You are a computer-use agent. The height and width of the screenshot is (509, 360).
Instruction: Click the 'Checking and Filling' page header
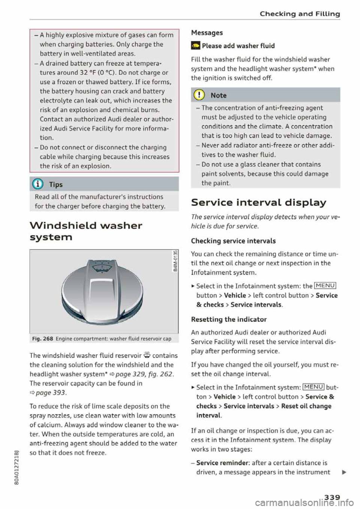point(300,14)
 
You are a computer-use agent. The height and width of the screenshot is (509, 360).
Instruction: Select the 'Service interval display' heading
point(258,202)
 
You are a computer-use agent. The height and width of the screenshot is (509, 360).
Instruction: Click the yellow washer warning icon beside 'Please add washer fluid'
point(195,46)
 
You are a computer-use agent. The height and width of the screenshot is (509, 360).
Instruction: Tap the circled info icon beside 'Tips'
point(38,184)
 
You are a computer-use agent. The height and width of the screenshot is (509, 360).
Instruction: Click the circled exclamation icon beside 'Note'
point(199,95)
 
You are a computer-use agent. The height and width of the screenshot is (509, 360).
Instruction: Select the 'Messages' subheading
point(207,33)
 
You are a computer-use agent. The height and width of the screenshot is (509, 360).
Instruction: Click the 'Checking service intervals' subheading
point(233,241)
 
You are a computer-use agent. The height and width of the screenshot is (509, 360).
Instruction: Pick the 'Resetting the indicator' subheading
point(229,319)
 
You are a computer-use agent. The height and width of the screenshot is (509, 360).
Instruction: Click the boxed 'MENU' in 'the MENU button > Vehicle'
point(325,286)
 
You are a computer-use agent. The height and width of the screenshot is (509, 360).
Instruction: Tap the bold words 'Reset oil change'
point(306,406)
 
